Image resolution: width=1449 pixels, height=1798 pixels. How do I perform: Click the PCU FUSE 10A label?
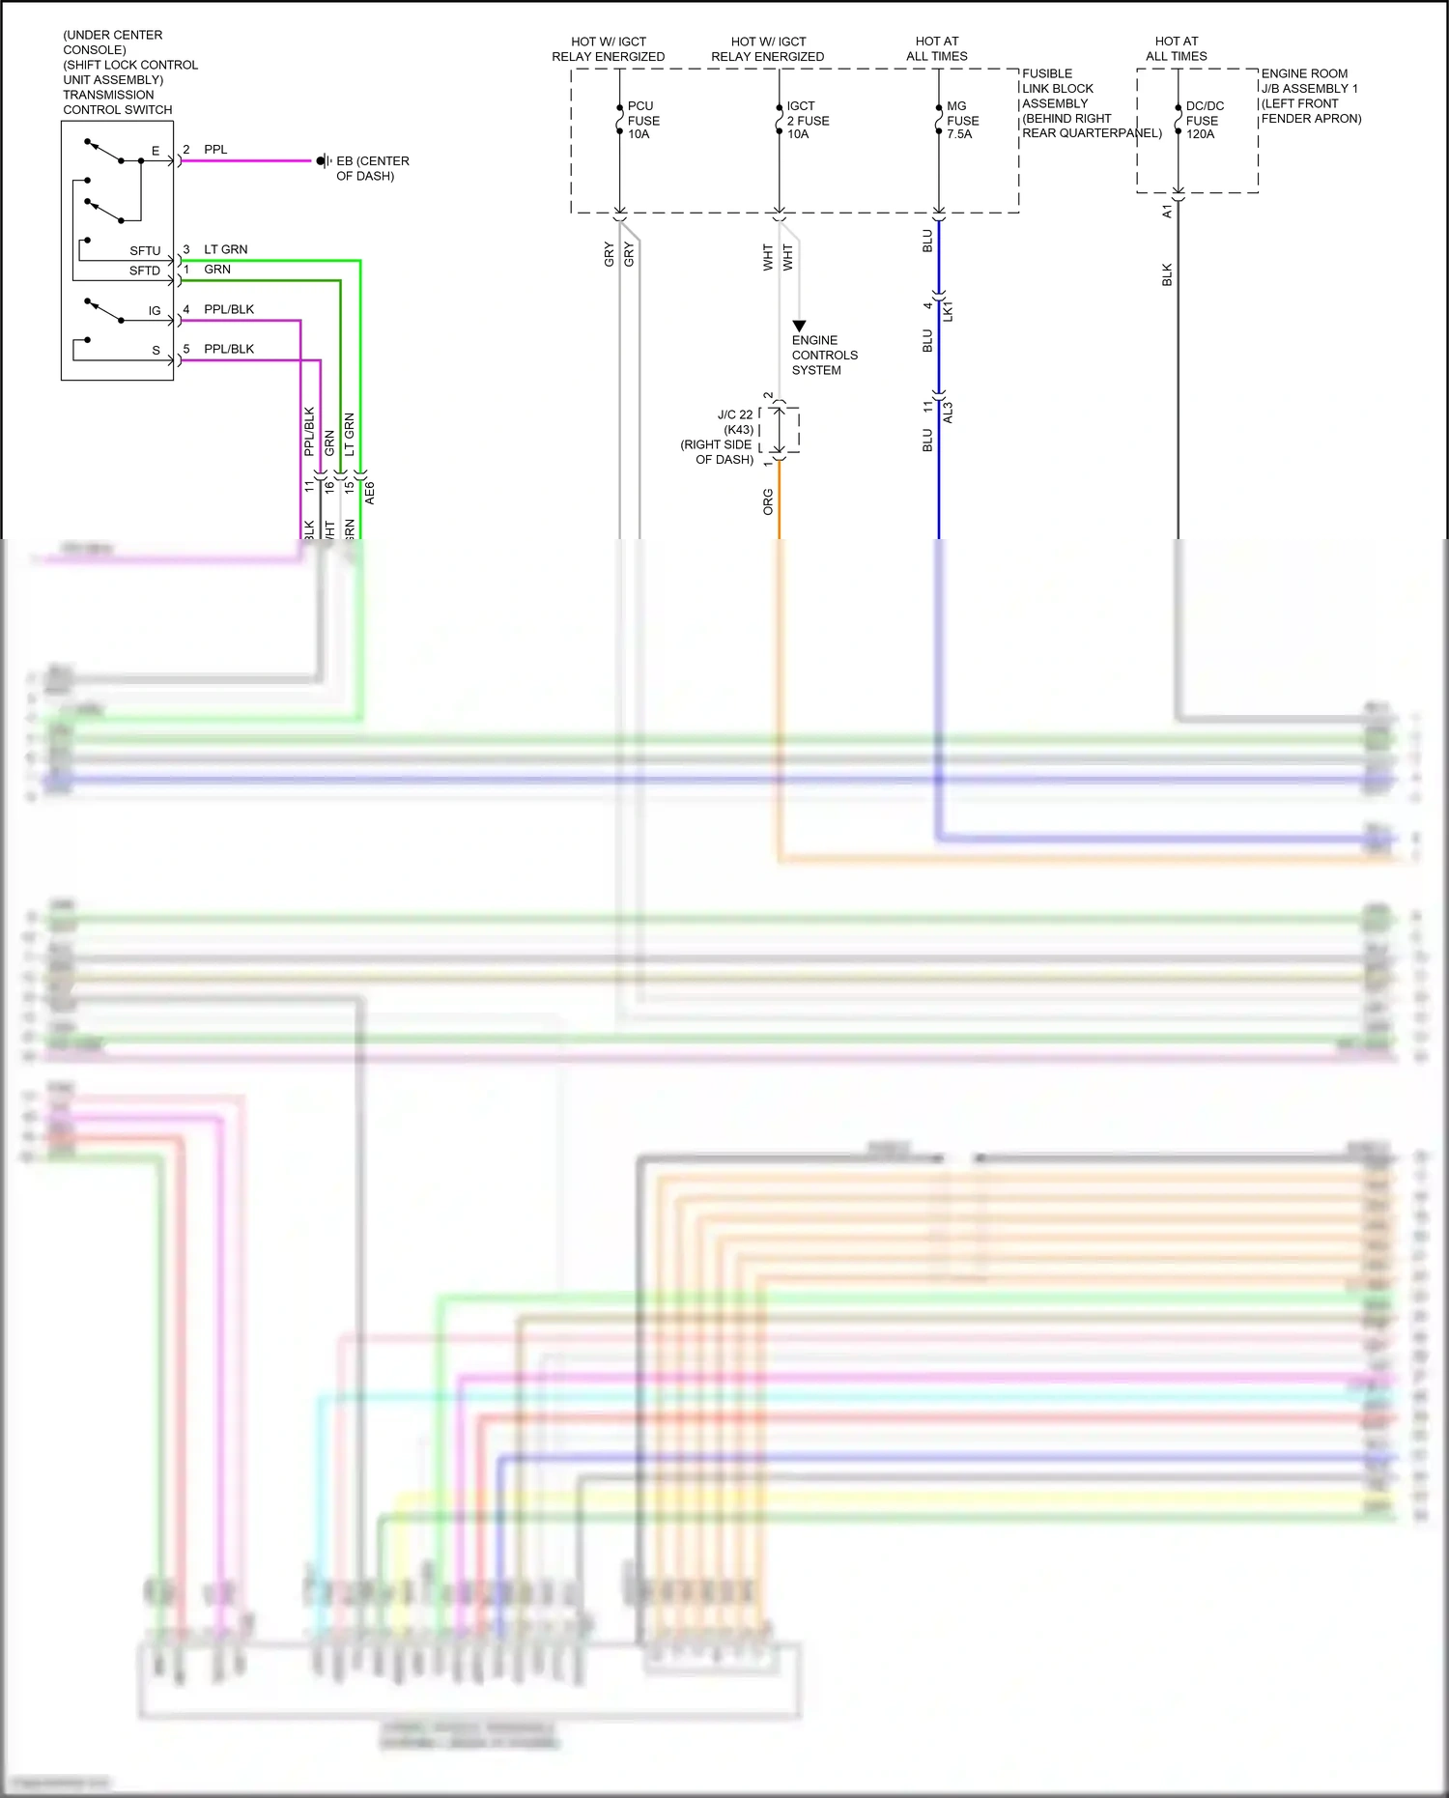click(643, 120)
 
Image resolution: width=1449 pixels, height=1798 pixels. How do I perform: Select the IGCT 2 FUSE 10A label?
click(808, 120)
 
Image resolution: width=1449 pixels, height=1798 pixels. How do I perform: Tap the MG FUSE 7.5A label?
click(962, 120)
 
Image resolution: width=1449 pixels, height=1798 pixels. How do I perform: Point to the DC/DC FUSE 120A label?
click(1204, 120)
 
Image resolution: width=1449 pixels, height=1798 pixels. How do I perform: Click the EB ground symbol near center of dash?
click(322, 161)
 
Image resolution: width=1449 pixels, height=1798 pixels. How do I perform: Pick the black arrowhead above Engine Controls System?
click(799, 327)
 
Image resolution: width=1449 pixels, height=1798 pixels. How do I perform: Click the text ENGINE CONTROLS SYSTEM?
click(824, 355)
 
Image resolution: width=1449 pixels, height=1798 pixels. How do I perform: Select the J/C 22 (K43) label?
click(735, 421)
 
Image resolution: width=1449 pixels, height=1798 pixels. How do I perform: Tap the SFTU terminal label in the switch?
click(145, 251)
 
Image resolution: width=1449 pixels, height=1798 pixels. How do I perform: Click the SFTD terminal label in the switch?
click(145, 271)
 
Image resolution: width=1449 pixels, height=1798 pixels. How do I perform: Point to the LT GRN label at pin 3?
click(225, 249)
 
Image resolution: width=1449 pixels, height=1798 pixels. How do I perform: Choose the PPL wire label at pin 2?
click(215, 150)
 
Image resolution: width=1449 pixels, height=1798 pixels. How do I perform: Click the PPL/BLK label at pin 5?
click(229, 349)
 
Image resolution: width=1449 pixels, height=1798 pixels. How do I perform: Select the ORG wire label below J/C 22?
click(768, 501)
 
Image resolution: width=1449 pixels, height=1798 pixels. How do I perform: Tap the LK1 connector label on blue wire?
click(948, 311)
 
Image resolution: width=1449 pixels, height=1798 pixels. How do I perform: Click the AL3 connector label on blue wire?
click(948, 413)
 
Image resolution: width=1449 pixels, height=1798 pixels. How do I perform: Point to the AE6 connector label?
click(370, 493)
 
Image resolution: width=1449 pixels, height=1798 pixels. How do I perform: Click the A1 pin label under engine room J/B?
click(1167, 211)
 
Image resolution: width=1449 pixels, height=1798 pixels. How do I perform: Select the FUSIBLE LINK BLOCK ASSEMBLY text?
click(1058, 89)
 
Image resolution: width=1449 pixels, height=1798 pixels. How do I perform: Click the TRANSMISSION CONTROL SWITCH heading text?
click(117, 102)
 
